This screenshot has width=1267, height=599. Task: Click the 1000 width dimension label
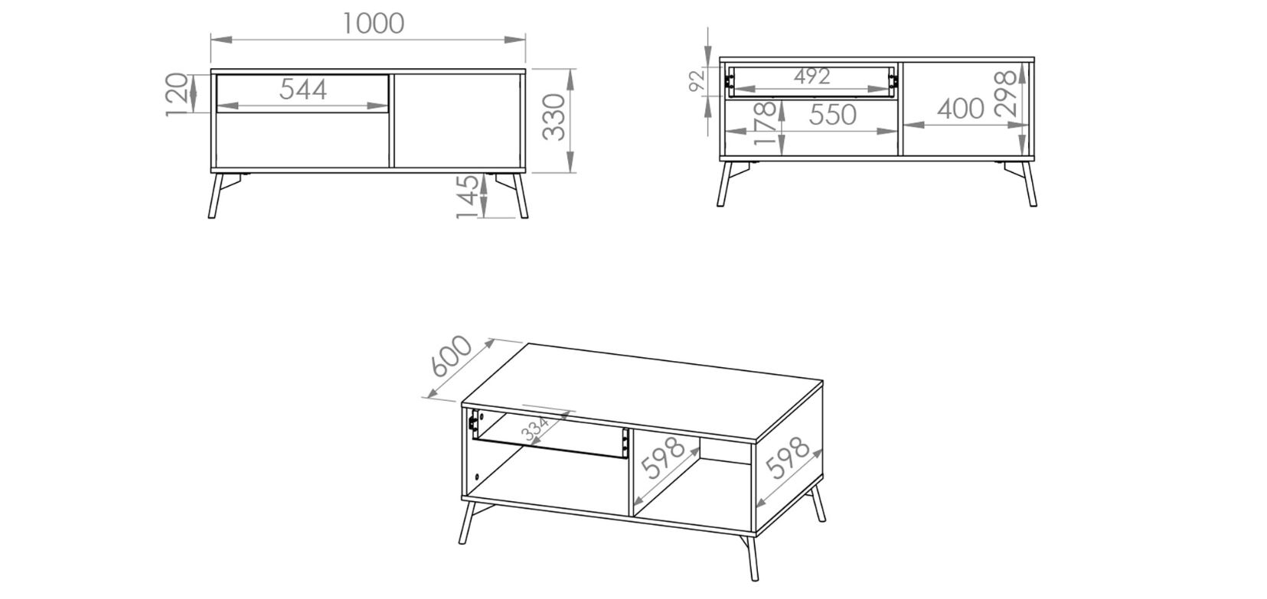374,23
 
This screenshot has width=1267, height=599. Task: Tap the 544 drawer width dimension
303,90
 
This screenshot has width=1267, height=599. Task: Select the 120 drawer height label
177,94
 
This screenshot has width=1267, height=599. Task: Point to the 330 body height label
553,117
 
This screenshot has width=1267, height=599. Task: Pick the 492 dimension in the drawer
811,77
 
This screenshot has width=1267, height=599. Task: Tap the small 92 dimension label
697,79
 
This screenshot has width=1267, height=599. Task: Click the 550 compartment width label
833,116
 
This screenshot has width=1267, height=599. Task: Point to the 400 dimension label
961,109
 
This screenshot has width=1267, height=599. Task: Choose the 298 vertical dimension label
1006,94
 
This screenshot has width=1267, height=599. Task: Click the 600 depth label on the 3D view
451,356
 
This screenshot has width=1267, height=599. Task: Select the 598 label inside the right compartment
664,458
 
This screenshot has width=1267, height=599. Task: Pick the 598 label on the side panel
787,457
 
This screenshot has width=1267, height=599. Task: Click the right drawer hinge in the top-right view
893,80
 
